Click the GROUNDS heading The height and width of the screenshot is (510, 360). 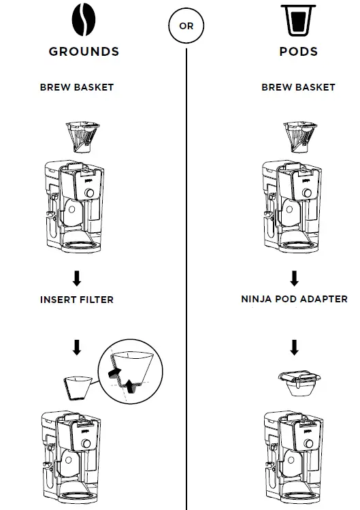point(84,52)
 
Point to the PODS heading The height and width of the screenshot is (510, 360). point(298,52)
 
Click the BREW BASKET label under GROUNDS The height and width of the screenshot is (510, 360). point(77,87)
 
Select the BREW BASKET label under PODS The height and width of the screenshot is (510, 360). point(298,87)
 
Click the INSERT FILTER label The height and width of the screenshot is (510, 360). point(77,299)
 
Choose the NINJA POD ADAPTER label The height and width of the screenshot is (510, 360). point(294,299)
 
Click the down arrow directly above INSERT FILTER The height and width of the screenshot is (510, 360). point(77,278)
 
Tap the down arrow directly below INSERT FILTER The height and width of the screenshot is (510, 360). point(77,348)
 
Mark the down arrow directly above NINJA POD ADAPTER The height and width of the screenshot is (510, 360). point(295,278)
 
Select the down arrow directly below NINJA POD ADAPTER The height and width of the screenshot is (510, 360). point(295,348)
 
